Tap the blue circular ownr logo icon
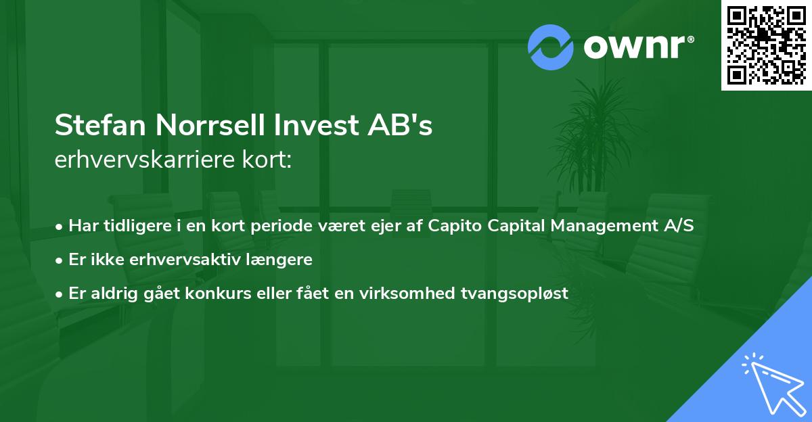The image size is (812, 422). [x=551, y=47]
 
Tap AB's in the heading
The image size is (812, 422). [x=404, y=126]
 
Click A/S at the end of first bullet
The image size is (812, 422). [x=679, y=225]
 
